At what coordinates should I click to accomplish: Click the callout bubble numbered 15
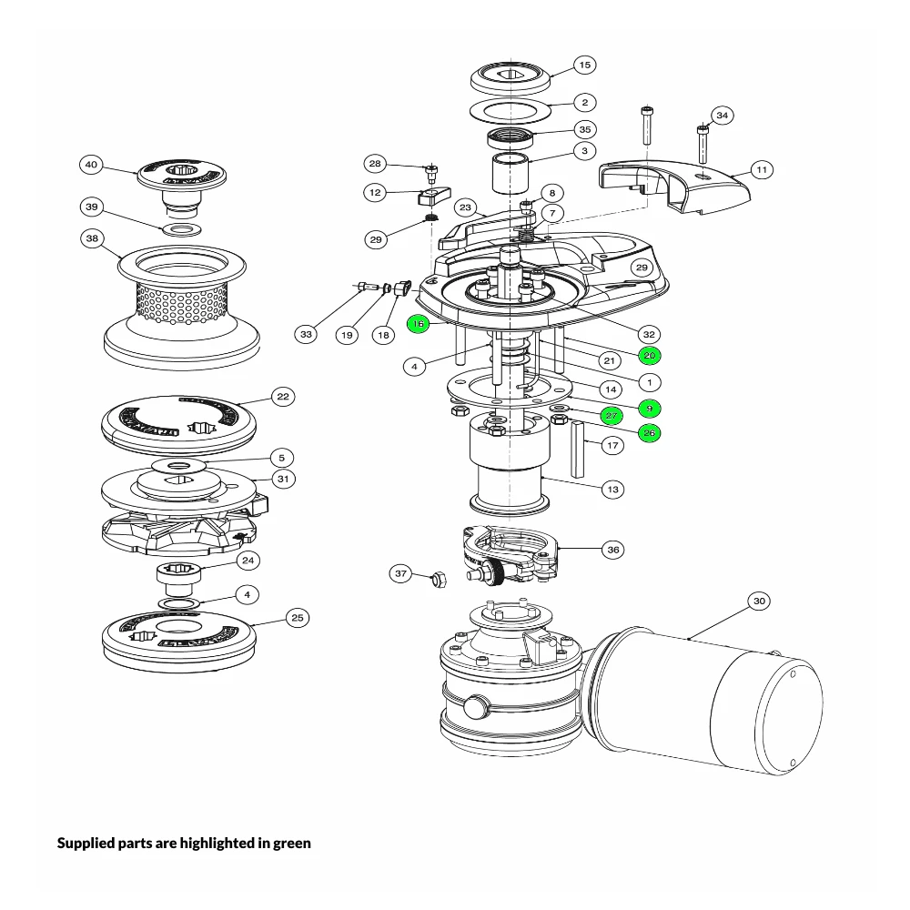coord(584,65)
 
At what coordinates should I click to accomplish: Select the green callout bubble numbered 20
coord(649,355)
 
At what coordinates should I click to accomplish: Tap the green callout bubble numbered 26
coord(649,432)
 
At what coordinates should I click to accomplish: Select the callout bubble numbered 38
coord(91,238)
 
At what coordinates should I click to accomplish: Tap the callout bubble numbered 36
coord(612,549)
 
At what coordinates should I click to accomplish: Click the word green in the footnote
coord(290,843)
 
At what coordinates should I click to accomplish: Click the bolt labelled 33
coord(368,288)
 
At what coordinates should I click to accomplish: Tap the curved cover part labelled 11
coord(673,187)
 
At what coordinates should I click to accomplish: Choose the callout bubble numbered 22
coord(283,397)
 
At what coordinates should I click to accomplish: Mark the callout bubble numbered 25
coord(297,618)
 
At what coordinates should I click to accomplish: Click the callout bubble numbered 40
coord(91,165)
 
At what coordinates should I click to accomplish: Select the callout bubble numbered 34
coord(722,116)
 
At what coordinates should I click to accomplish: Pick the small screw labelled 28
coord(432,170)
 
